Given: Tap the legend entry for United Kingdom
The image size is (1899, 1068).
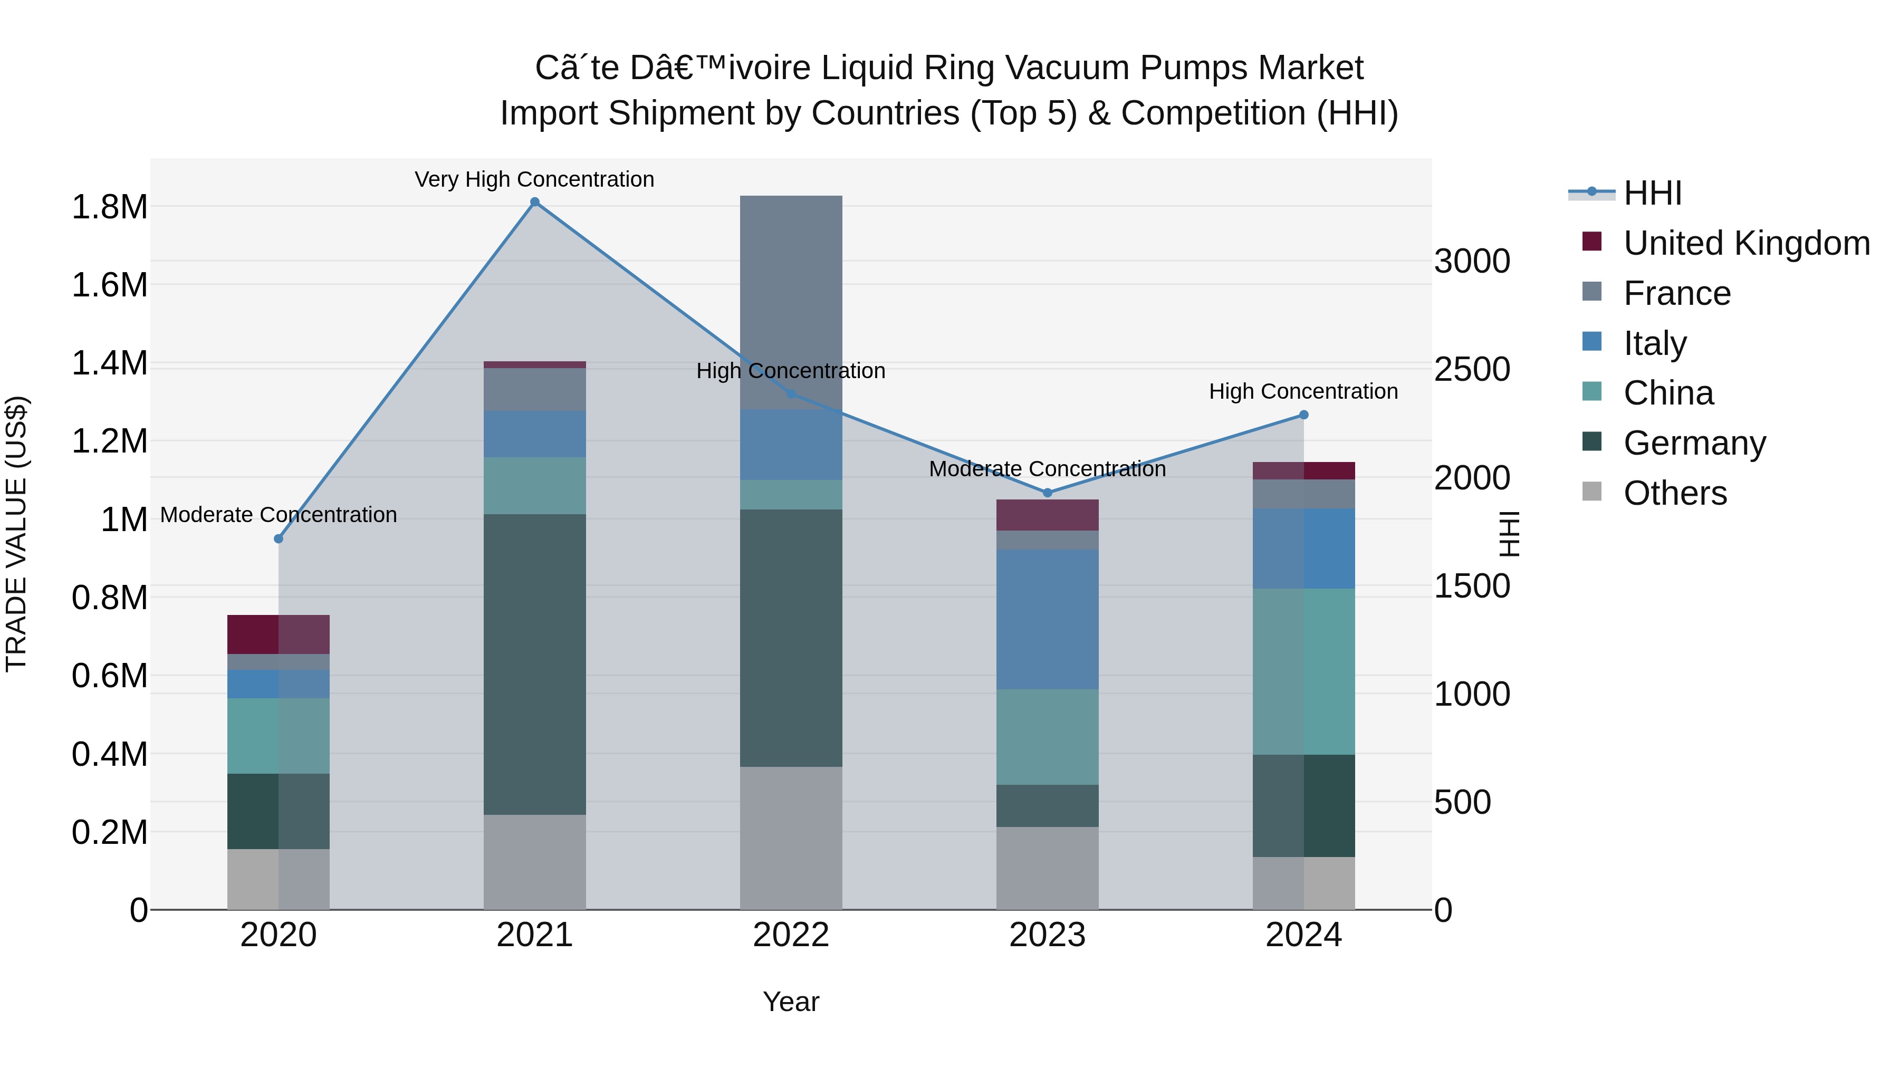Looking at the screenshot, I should pyautogui.click(x=1745, y=243).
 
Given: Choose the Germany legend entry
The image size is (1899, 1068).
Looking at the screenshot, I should pyautogui.click(x=1694, y=443).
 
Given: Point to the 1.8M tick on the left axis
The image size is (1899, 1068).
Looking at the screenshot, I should pyautogui.click(x=110, y=207).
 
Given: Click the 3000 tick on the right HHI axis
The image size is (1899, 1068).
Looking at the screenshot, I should pyautogui.click(x=1471, y=261).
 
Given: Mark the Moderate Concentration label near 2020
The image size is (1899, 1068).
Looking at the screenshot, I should pyautogui.click(x=278, y=514).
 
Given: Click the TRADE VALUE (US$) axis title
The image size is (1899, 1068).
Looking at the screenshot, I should pyautogui.click(x=16, y=534).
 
